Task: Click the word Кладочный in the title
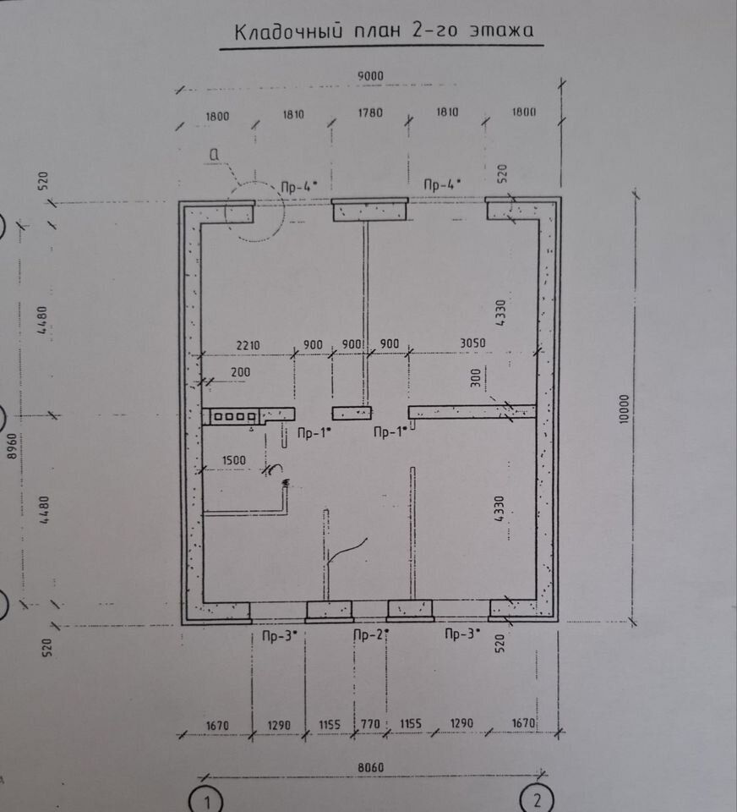point(281,32)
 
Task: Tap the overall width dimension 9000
point(370,75)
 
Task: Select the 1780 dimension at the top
point(370,112)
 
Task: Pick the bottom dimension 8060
point(370,765)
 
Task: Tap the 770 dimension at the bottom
point(370,724)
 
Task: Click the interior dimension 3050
point(472,344)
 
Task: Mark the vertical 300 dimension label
point(475,376)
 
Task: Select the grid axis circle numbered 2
point(536,798)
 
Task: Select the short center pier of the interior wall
point(352,413)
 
